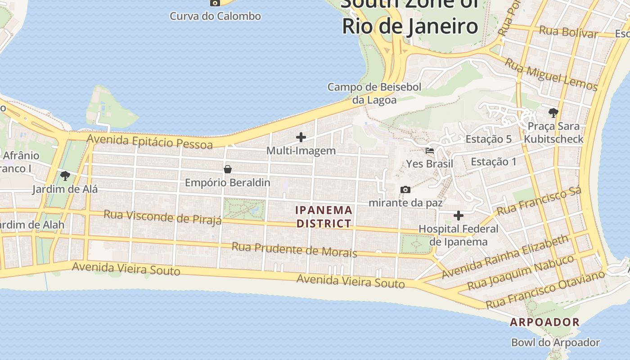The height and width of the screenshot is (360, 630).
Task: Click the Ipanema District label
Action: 324,216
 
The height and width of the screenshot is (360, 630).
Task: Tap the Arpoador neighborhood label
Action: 544,322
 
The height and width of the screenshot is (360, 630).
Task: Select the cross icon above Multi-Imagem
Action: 301,137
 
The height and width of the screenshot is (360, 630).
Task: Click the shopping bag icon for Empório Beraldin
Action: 228,170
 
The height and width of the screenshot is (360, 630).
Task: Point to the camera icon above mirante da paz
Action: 405,189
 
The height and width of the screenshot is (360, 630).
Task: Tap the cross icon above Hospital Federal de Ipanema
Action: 459,216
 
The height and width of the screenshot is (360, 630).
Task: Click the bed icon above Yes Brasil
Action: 430,151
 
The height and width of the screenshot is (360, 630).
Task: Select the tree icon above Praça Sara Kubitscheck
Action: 553,112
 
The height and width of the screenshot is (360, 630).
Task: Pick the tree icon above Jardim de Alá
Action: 65,175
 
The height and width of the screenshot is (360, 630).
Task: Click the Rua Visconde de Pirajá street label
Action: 162,216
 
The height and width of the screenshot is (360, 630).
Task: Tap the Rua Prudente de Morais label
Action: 294,249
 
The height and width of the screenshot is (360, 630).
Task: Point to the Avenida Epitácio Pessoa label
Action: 150,141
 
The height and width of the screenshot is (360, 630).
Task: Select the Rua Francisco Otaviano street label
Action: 545,290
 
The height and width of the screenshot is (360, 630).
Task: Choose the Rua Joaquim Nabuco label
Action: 521,272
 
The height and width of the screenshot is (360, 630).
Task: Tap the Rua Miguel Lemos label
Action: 551,75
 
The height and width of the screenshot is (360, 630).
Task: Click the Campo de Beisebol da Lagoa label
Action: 374,93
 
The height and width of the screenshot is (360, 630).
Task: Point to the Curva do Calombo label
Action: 215,16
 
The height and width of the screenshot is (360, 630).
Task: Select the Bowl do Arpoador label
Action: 555,342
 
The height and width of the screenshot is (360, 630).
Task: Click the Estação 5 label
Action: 488,139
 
